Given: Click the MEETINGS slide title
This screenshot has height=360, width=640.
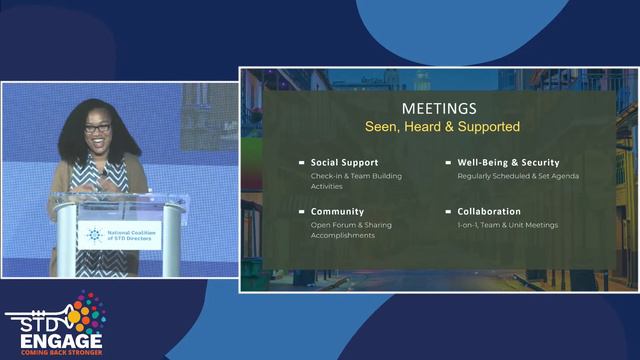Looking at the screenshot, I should tap(439, 107).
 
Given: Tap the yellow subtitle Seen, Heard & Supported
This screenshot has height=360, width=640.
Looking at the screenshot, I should tap(439, 127).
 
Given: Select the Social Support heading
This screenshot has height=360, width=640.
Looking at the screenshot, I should tap(344, 162).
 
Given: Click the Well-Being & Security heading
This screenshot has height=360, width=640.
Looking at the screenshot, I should tap(508, 162).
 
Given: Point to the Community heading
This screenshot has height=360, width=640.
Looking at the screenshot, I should tap(336, 212).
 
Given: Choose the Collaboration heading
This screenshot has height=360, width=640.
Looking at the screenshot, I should tap(489, 212).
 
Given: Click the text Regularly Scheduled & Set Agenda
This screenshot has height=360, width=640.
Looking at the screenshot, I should tap(518, 176).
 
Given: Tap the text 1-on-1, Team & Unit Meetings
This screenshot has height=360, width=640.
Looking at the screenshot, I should tap(507, 225).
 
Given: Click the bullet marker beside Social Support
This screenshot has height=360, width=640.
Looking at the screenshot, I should tap(302, 162).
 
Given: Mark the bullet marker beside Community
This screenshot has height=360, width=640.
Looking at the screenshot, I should tap(302, 212).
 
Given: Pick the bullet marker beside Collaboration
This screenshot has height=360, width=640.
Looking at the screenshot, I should tap(449, 212).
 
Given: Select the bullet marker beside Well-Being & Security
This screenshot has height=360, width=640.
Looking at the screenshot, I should tap(449, 162).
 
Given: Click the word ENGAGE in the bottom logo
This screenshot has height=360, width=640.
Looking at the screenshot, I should tap(56, 338).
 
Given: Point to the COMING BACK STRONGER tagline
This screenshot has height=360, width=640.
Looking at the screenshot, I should tap(56, 352).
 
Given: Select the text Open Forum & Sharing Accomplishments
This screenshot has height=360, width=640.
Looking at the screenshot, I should tap(351, 230).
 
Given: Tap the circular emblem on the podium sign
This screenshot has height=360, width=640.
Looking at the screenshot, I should tap(94, 235).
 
